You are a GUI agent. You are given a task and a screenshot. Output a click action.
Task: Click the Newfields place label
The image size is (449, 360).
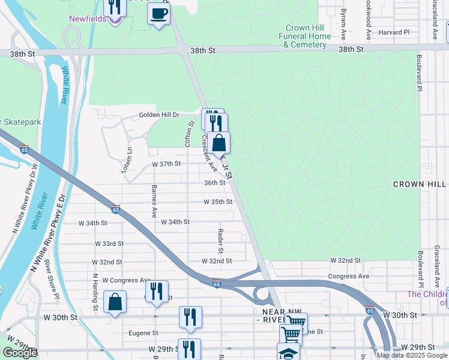[x=88, y=19]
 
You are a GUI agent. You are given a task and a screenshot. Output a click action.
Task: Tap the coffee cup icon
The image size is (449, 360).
[x=158, y=14]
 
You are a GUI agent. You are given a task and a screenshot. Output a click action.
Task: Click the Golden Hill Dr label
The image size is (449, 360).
[x=159, y=115]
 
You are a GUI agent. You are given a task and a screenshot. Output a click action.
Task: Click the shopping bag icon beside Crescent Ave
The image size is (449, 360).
[x=220, y=143]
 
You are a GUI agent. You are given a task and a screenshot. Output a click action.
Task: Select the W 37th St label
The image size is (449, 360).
[x=166, y=164]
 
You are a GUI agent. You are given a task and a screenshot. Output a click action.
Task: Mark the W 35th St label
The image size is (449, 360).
[x=217, y=202]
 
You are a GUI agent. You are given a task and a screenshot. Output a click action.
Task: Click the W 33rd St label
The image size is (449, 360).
[x=109, y=244]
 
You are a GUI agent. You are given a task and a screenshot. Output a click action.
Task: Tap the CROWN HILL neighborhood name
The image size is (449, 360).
[x=420, y=184]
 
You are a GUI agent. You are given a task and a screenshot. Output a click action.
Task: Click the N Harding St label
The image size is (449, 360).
[x=95, y=292]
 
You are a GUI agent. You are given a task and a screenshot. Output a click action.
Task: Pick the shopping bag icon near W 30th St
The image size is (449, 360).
[x=115, y=302]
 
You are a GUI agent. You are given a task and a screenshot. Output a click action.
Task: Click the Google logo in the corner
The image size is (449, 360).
[x=20, y=353]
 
